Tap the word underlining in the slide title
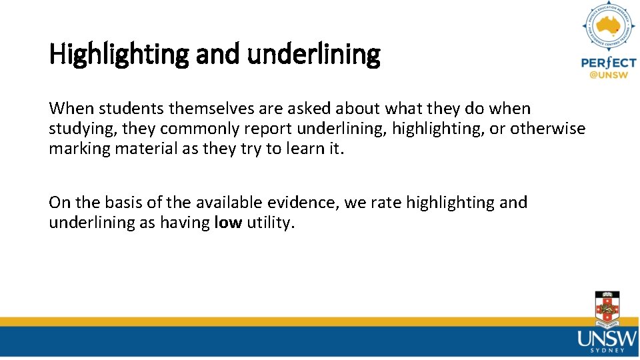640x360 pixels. coord(313,55)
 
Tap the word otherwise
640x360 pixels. coord(548,129)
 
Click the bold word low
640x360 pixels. coord(228,223)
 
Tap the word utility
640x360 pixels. coord(270,223)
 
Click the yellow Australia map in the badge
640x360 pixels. coord(608,27)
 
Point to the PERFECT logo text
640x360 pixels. coord(608,63)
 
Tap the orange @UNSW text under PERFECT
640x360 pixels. coord(608,75)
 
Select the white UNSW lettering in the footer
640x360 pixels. coord(607,339)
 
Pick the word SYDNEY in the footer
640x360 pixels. coord(607,351)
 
